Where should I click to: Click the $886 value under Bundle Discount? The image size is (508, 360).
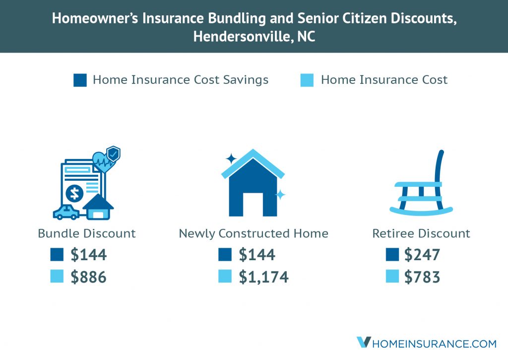[88, 277]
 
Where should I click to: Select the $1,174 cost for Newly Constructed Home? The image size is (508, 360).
[263, 277]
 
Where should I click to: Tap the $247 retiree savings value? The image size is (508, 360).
[422, 255]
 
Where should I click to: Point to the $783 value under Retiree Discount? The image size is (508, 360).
[422, 277]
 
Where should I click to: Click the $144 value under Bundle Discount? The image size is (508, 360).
[88, 255]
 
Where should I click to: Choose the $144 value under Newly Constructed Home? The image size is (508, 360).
[257, 255]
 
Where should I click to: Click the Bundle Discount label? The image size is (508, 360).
[86, 233]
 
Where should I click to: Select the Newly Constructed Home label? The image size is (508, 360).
[254, 233]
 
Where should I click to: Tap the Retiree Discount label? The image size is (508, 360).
[421, 233]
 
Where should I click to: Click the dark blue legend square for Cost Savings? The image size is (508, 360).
[80, 80]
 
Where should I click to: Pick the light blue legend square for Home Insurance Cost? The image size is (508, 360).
[307, 80]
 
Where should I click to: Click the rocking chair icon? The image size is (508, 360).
[421, 183]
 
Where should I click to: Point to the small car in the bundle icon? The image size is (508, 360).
[66, 213]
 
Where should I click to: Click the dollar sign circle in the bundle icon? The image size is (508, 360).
[74, 194]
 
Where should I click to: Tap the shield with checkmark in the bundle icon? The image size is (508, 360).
[114, 154]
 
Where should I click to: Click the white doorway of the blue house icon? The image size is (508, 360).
[253, 204]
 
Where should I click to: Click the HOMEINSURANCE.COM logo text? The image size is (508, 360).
[434, 344]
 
